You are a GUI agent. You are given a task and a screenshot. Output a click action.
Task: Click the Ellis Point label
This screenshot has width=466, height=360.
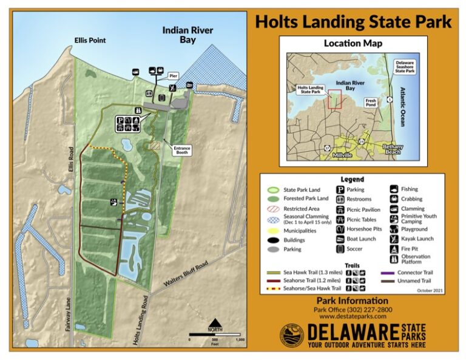pyautogui.click(x=90, y=40)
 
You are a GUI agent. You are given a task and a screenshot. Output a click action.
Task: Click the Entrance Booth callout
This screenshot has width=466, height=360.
pyautogui.click(x=182, y=151)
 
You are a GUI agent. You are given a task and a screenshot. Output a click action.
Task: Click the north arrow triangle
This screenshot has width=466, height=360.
pyautogui.click(x=214, y=323)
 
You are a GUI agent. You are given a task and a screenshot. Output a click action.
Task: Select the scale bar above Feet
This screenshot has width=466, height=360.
pyautogui.click(x=215, y=334)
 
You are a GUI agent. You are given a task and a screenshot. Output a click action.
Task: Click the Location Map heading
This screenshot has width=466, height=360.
pyautogui.click(x=353, y=44)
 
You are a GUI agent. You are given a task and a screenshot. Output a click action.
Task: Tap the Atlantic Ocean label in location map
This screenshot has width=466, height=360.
pyautogui.click(x=401, y=107)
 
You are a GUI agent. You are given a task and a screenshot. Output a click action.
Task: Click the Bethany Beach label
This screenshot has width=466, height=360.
pyautogui.click(x=393, y=149)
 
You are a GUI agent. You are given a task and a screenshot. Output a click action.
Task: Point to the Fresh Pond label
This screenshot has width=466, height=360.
pyautogui.click(x=371, y=103)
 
